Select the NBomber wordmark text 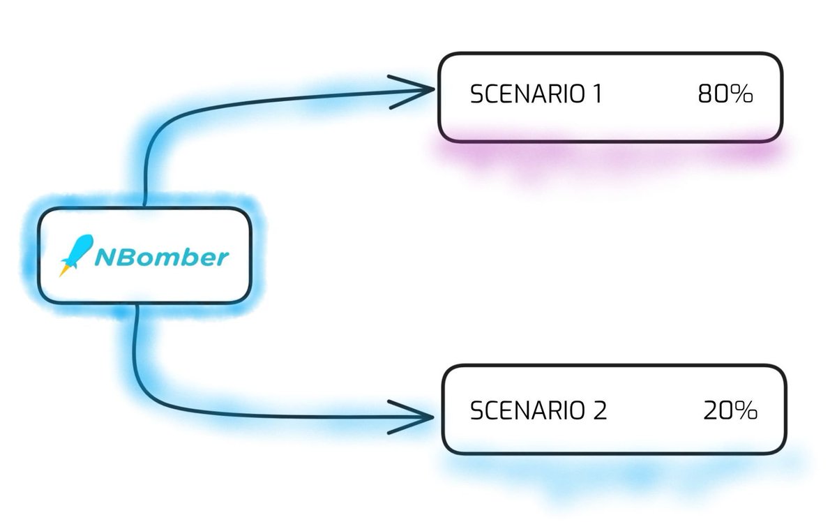pyautogui.click(x=160, y=258)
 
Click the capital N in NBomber pyautogui.click(x=105, y=258)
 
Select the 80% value pyautogui.click(x=725, y=95)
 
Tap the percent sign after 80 pyautogui.click(x=742, y=95)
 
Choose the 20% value pyautogui.click(x=730, y=410)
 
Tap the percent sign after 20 pyautogui.click(x=747, y=410)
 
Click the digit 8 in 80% pyautogui.click(x=704, y=95)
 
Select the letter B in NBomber pyautogui.click(x=125, y=258)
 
